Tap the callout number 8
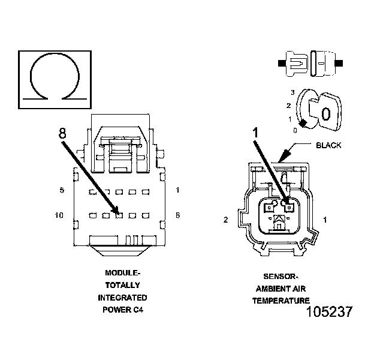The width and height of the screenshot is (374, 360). coord(62,134)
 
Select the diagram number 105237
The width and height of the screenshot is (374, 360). coord(328,312)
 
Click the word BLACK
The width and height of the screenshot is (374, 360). coord(328,146)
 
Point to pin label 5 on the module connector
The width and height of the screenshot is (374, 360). coord(62,191)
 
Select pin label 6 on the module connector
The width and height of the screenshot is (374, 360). coord(178,215)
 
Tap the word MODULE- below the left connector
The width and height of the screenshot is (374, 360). coord(122,271)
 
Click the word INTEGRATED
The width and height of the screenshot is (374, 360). coord(122,298)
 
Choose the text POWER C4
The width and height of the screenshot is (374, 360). coord(122,310)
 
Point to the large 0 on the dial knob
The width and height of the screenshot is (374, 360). coord(326,114)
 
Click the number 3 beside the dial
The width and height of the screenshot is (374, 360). coord(292,92)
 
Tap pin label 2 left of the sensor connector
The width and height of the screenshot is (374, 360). coord(226,220)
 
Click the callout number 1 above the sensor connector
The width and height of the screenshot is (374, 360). coord(254,131)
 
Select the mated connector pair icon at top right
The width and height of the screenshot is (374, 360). coord(310,62)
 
